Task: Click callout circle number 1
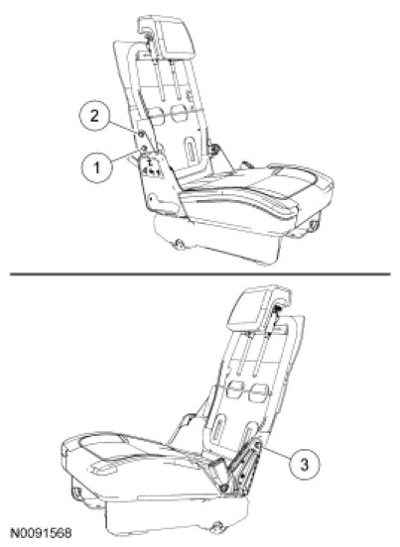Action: pyautogui.click(x=97, y=167)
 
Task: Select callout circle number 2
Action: pyautogui.click(x=94, y=116)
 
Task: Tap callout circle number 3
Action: pyautogui.click(x=305, y=465)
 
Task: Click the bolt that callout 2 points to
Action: pyautogui.click(x=140, y=134)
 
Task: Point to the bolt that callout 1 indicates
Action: pyautogui.click(x=144, y=149)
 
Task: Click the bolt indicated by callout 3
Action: pyautogui.click(x=258, y=444)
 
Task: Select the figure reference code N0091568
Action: pyautogui.click(x=42, y=533)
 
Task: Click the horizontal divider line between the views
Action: pyautogui.click(x=200, y=274)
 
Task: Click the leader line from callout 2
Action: pyautogui.click(x=123, y=127)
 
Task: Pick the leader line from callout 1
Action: pyautogui.click(x=126, y=156)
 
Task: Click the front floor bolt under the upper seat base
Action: pyautogui.click(x=180, y=243)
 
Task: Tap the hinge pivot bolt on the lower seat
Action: pyautogui.click(x=223, y=488)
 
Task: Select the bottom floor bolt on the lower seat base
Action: pyautogui.click(x=217, y=526)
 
